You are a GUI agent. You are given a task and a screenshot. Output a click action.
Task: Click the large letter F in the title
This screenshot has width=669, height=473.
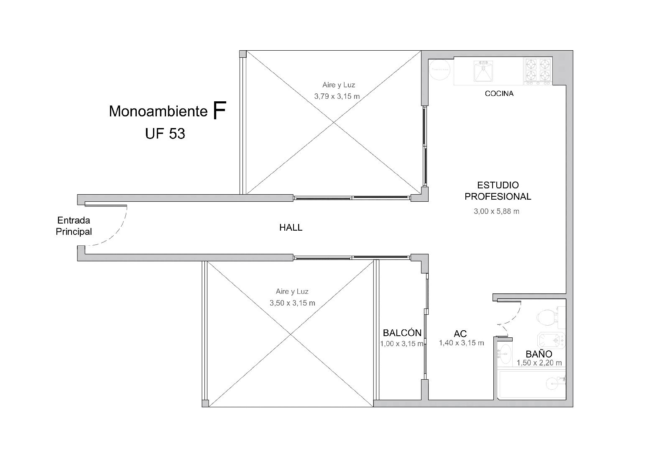220,110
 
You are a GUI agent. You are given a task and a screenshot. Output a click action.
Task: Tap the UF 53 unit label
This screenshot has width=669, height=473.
165,134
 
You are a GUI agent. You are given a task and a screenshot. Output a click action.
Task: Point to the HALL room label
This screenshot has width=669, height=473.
291,228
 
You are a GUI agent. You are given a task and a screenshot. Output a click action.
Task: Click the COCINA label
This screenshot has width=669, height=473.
499,94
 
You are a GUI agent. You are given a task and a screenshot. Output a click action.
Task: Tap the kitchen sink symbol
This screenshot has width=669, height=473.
483,71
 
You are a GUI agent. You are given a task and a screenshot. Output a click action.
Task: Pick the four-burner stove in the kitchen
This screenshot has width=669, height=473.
538,71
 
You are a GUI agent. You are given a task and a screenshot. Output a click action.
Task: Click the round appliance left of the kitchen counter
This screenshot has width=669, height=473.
439,69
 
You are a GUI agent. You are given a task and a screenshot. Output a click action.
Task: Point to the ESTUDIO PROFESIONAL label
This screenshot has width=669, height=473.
498,191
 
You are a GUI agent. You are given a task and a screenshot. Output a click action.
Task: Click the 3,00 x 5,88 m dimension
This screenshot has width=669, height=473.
496,211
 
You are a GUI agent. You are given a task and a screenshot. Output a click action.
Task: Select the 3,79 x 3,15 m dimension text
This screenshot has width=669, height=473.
337,96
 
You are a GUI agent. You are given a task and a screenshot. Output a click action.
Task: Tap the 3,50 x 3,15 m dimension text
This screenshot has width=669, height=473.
292,303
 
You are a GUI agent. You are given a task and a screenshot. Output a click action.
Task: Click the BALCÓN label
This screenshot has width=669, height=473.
402,333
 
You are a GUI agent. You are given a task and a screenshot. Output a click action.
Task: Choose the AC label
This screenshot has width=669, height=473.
460,333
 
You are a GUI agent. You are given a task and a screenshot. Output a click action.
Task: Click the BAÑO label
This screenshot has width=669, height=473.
539,354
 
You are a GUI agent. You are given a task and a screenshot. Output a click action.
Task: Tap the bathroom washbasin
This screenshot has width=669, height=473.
505,354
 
